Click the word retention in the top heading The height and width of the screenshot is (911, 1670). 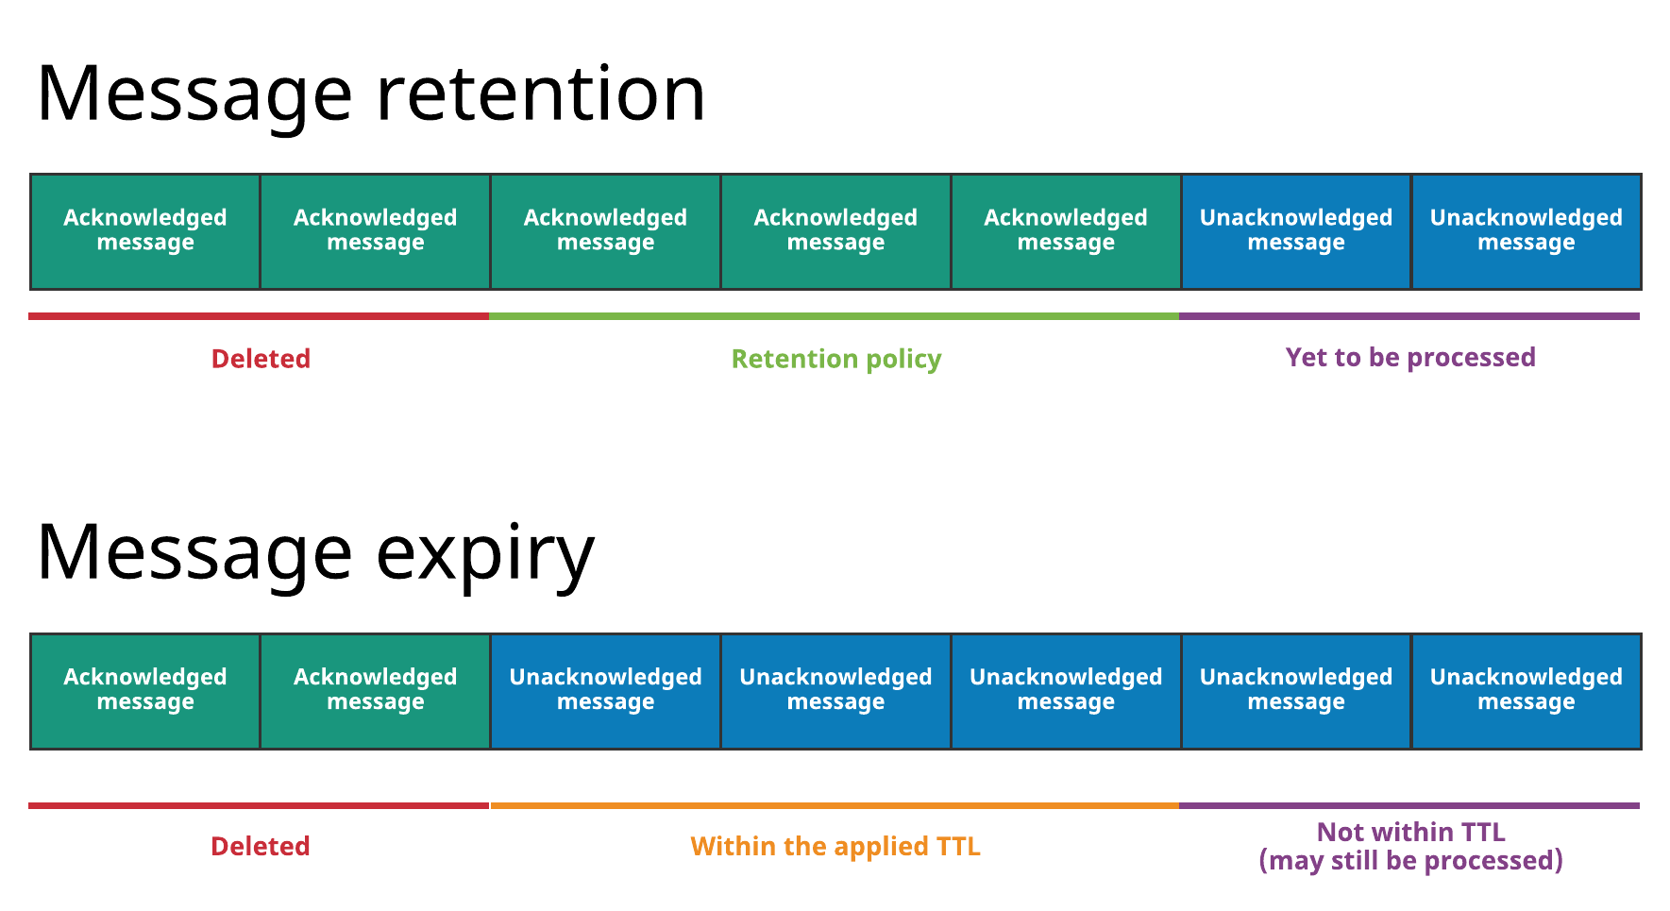click(x=540, y=94)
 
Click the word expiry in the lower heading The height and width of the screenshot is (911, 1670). click(x=485, y=554)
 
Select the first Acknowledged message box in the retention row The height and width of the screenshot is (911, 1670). click(x=145, y=231)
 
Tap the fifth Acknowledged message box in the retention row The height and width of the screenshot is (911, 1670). click(x=1066, y=231)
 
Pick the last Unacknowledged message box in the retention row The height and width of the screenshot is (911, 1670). click(x=1527, y=231)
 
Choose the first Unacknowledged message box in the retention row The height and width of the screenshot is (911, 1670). click(x=1296, y=231)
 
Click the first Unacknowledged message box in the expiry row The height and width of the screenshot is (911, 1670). click(x=605, y=691)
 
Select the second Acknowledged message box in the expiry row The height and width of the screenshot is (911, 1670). click(x=376, y=691)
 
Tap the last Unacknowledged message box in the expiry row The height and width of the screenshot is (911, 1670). click(x=1527, y=691)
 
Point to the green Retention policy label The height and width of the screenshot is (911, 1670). click(x=836, y=359)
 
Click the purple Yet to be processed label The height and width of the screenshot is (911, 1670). click(x=1410, y=357)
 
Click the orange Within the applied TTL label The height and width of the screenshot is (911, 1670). click(x=835, y=846)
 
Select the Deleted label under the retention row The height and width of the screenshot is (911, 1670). click(x=261, y=359)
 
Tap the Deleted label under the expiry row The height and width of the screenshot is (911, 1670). click(x=261, y=846)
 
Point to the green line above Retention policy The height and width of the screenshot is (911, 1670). click(x=835, y=316)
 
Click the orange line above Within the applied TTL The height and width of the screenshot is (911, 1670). click(x=835, y=805)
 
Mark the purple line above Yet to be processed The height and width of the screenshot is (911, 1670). click(x=1409, y=316)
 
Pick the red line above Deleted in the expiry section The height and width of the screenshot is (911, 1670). click(x=259, y=805)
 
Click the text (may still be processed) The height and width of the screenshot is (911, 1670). click(x=1410, y=861)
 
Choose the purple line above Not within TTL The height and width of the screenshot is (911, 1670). click(x=1409, y=805)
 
